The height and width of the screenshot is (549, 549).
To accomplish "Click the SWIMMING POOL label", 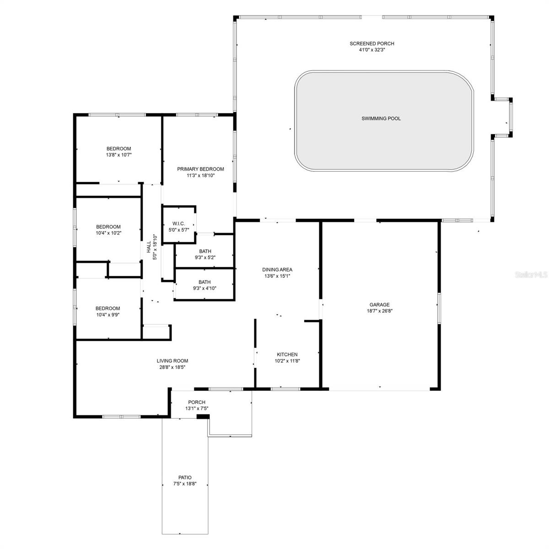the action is [381, 118].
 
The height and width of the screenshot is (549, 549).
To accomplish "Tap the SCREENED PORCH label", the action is [372, 43].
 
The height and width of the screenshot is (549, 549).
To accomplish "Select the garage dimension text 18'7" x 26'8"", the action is [379, 311].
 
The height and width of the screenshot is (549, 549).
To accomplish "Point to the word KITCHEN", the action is [287, 355].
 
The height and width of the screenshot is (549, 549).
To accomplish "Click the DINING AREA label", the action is [277, 269].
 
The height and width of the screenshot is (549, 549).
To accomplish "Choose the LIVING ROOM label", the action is [172, 361].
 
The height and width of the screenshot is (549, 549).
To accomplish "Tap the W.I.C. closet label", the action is [178, 224].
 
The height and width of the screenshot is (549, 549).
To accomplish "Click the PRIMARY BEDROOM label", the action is [200, 169].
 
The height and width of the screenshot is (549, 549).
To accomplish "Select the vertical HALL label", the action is [149, 247].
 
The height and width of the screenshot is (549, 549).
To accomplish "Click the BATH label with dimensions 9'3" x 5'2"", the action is [205, 251].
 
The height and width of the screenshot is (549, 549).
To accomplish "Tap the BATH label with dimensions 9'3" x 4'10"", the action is [205, 282].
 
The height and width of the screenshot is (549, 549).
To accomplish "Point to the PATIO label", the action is [185, 478].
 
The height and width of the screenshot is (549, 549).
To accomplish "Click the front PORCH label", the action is [197, 402].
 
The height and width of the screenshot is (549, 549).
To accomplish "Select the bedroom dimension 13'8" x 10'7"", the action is [119, 155].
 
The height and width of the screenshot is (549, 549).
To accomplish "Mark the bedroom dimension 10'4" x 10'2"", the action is [108, 233].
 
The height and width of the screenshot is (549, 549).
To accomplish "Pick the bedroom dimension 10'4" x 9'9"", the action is [108, 315].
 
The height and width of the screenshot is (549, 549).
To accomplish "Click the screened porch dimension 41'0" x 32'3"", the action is [372, 50].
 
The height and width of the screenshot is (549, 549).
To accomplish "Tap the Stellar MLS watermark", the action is [531, 274].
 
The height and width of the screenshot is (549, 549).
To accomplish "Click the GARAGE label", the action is [379, 305].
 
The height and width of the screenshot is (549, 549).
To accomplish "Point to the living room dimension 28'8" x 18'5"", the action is [172, 367].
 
